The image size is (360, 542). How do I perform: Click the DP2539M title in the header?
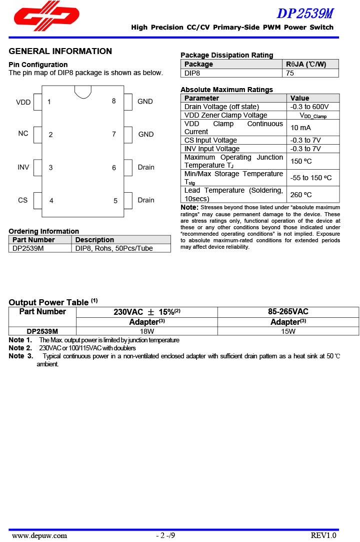[x=305, y=13]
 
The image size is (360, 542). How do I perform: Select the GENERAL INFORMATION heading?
[x=60, y=51]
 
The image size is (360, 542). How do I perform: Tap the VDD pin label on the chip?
[x=23, y=102]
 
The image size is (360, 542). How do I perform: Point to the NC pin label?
[x=23, y=134]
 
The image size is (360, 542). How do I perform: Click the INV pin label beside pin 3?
[x=23, y=167]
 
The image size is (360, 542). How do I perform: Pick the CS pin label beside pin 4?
[x=23, y=200]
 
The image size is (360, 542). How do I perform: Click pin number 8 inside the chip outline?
[x=114, y=101]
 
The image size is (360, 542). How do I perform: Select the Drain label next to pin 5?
[x=146, y=200]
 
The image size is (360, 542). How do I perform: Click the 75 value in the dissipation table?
[x=290, y=73]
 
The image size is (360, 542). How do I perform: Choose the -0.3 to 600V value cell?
[x=309, y=107]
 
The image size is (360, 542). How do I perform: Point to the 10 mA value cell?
[x=300, y=128]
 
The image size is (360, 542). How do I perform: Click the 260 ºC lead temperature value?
[x=301, y=195]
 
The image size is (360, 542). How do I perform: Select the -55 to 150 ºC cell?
[x=311, y=178]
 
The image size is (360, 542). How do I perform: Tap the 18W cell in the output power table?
[x=146, y=331]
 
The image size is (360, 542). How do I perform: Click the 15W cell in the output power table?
[x=288, y=331]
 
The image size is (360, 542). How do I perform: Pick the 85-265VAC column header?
[x=288, y=312]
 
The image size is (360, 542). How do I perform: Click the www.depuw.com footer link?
[x=39, y=535]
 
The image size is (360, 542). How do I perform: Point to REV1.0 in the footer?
[x=323, y=535]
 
